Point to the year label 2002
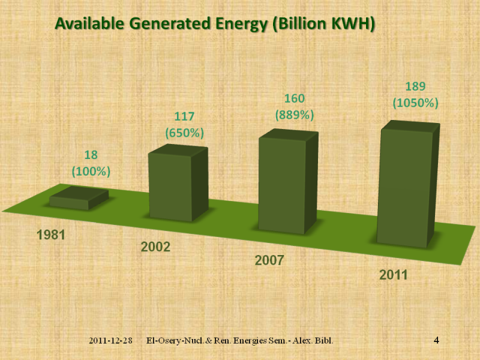click(x=155, y=247)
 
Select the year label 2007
click(x=269, y=261)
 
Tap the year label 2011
click(x=393, y=275)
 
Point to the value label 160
click(x=295, y=99)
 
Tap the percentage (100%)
click(x=91, y=172)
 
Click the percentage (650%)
click(x=184, y=132)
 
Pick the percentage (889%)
click(x=295, y=114)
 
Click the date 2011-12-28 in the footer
click(x=110, y=341)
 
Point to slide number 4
click(x=436, y=341)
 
